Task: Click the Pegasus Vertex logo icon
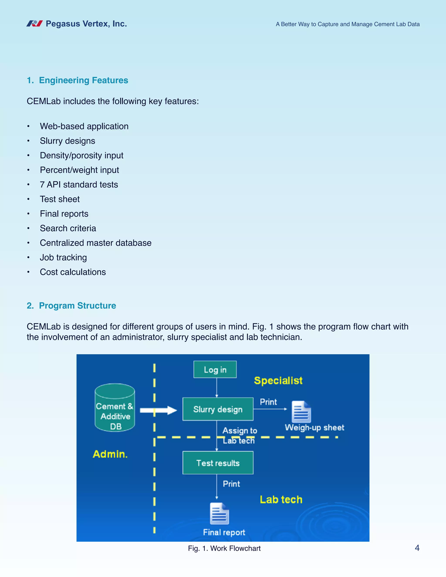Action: [x=35, y=24]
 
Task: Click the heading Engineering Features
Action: [x=83, y=80]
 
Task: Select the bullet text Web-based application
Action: [x=84, y=126]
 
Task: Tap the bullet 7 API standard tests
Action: [x=79, y=184]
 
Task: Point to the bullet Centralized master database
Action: [x=96, y=243]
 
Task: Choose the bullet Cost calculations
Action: [x=73, y=272]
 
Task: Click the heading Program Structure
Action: [x=77, y=305]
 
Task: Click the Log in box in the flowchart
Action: [x=215, y=369]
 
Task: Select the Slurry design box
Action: [x=218, y=409]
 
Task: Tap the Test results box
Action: [x=218, y=463]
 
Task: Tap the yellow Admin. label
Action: [x=110, y=454]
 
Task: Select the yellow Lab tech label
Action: [x=281, y=499]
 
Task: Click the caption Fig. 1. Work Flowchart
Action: [x=224, y=548]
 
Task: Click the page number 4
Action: [x=417, y=548]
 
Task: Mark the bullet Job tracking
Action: [x=63, y=257]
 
